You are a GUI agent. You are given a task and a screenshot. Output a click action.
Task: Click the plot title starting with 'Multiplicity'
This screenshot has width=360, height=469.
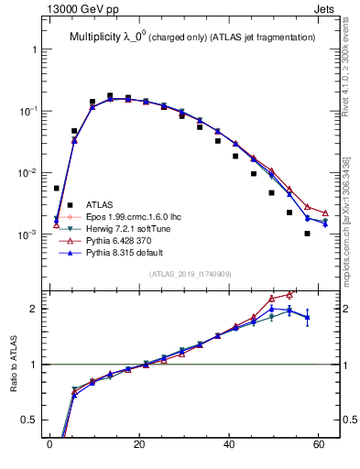[x=192, y=37]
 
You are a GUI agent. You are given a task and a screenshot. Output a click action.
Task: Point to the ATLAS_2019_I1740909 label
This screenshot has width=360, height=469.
[x=190, y=274]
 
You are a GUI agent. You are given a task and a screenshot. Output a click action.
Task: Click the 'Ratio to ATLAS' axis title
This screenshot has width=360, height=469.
[x=13, y=364]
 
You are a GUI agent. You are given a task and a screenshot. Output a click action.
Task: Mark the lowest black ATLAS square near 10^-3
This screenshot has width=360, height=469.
[x=307, y=234]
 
